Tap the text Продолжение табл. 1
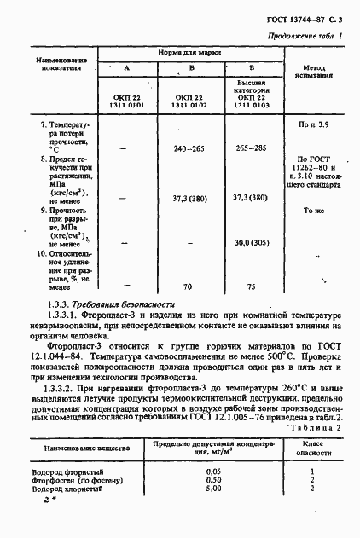pyautogui.click(x=305, y=36)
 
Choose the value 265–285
pyautogui.click(x=251, y=148)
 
